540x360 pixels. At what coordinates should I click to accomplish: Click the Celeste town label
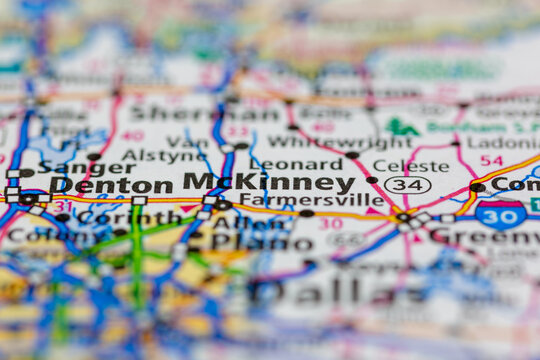tap(410, 165)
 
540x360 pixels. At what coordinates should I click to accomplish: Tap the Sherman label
tap(215, 113)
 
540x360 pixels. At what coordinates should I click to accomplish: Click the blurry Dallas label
tap(330, 291)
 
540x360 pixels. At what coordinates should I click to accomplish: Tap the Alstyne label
tap(151, 156)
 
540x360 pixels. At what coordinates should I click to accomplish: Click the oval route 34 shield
tap(407, 185)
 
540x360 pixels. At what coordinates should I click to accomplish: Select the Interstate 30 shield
tap(501, 213)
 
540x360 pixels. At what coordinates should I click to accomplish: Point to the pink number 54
tap(491, 160)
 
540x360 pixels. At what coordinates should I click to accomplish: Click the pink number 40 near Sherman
tap(131, 135)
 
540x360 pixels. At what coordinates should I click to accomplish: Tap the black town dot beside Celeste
tap(372, 180)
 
